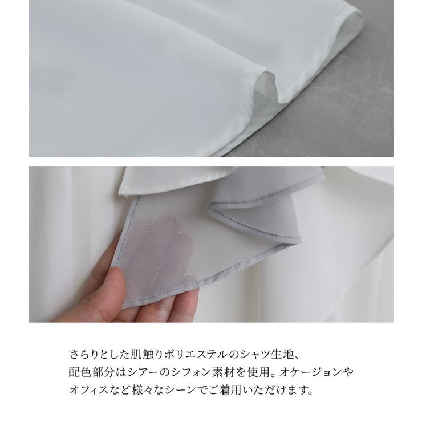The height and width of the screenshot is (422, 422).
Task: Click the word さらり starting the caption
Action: [x=83, y=355]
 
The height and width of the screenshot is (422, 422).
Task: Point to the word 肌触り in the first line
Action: [x=148, y=355]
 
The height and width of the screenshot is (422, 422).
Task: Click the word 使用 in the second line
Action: [x=259, y=372]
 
